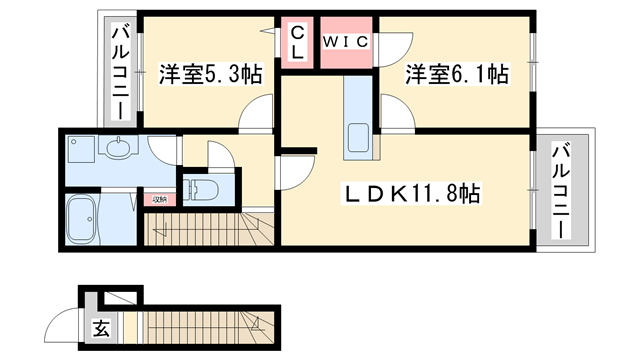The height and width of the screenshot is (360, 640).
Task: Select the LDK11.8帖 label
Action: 415,194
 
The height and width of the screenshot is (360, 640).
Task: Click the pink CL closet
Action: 298,43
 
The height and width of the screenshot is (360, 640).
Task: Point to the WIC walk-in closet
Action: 346,42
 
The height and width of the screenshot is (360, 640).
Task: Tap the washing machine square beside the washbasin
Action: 81,151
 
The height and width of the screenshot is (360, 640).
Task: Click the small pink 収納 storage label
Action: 158,198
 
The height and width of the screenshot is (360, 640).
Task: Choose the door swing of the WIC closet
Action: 394,45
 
